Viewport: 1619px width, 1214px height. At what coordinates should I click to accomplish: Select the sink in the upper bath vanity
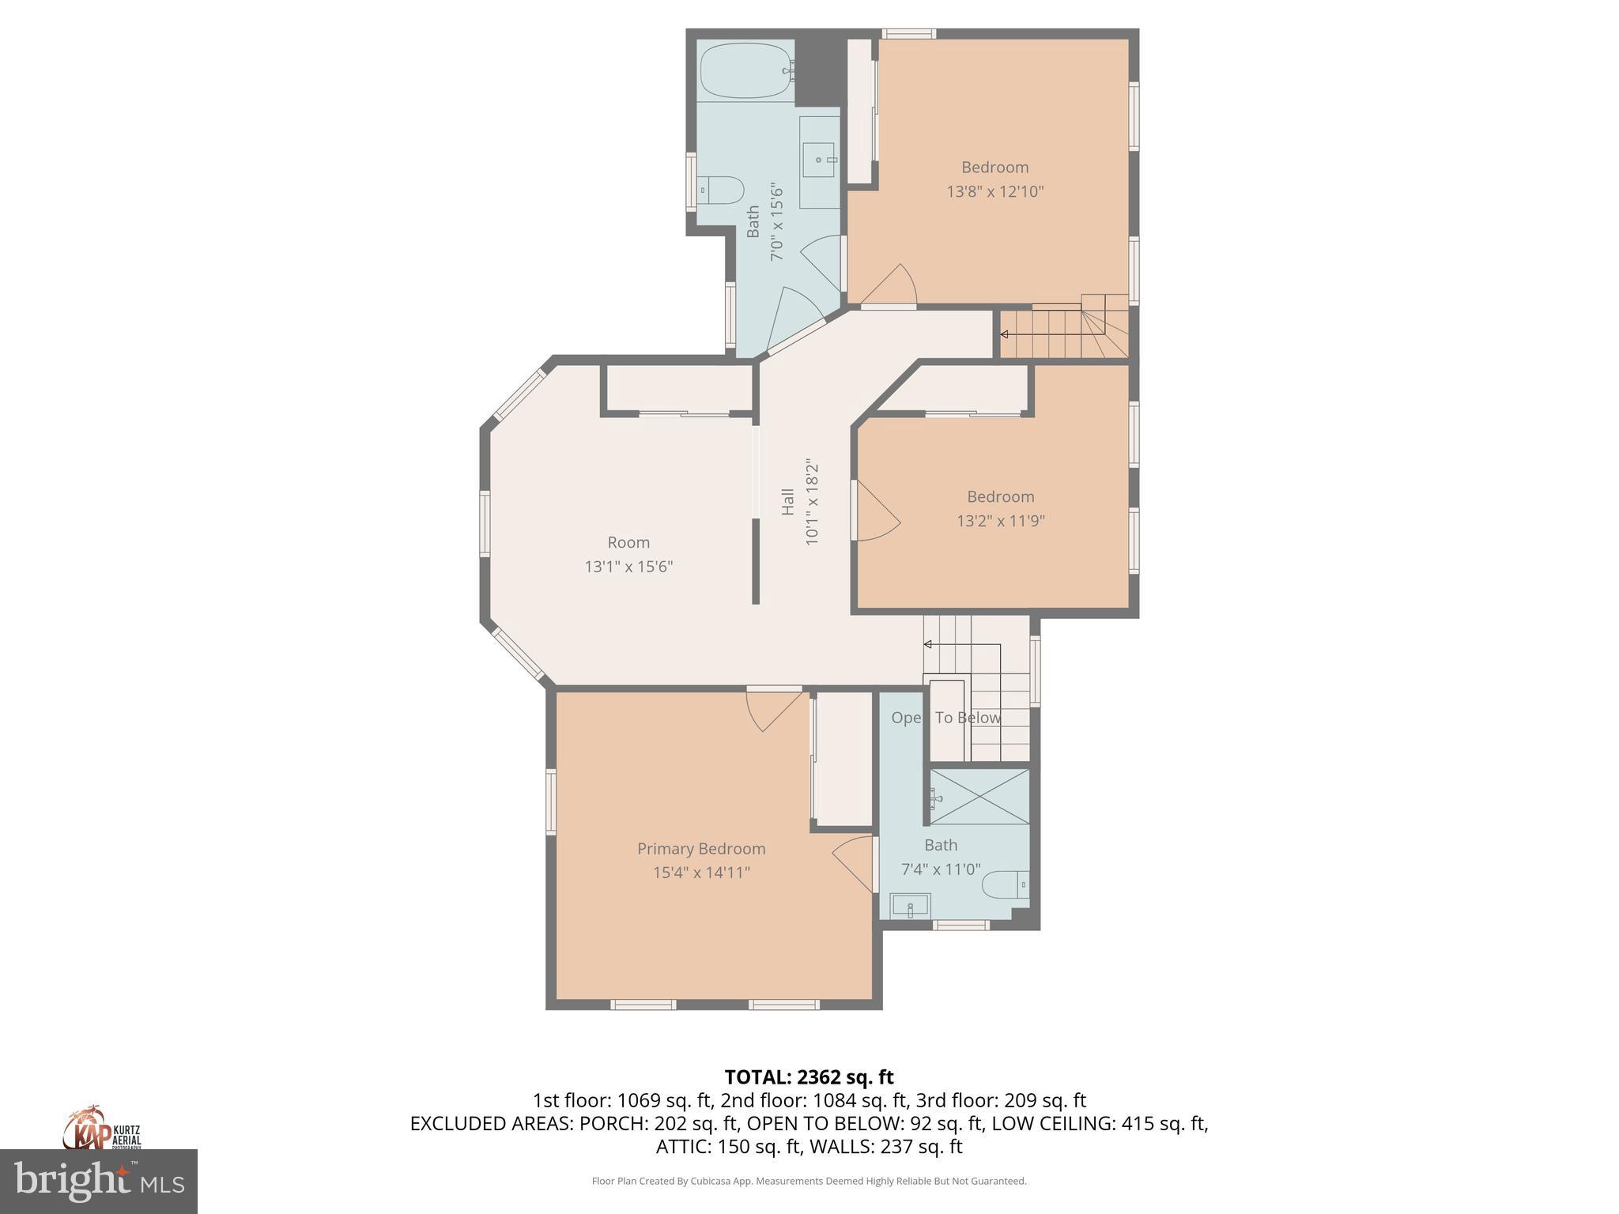[x=819, y=160]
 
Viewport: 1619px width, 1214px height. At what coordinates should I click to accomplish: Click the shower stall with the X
[x=979, y=796]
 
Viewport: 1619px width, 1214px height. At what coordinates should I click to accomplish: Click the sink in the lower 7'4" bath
[x=911, y=906]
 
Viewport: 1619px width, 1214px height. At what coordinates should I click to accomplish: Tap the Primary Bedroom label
[x=701, y=848]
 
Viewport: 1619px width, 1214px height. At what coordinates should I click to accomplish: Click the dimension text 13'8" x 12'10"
[x=995, y=191]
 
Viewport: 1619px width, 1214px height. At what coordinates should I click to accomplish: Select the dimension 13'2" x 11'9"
[x=1001, y=521]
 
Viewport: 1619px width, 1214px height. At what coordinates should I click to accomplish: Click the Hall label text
[x=788, y=502]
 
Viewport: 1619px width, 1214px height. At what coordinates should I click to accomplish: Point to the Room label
[x=628, y=542]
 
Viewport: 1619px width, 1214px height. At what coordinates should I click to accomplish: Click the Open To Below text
[x=945, y=718]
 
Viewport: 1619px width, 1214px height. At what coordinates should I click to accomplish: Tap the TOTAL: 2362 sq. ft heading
[x=809, y=1077]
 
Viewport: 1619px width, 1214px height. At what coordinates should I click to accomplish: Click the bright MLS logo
[x=98, y=1181]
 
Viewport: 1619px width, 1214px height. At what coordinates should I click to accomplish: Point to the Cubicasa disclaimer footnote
[x=809, y=1181]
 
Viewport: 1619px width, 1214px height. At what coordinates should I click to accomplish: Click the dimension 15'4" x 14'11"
[x=701, y=873]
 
